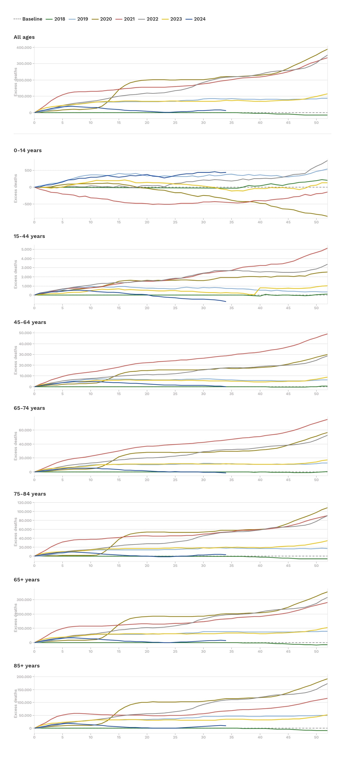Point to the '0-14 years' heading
pyautogui.click(x=27, y=150)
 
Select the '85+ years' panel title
pyautogui.click(x=27, y=666)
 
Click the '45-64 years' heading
pyautogui.click(x=30, y=322)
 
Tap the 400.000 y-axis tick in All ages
pyautogui.click(x=24, y=48)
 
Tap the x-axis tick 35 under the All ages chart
pyautogui.click(x=231, y=122)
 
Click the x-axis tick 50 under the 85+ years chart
pyautogui.click(x=316, y=737)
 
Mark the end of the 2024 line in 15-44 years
pyautogui.click(x=226, y=302)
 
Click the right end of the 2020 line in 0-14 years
pyautogui.click(x=327, y=216)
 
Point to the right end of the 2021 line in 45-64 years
pyautogui.click(x=327, y=334)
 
